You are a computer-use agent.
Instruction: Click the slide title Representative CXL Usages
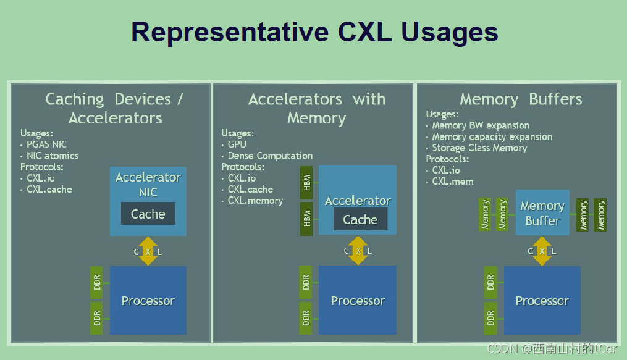314,32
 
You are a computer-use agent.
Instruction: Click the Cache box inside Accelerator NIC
148,214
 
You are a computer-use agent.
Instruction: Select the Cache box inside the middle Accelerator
360,220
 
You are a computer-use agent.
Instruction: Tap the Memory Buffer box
542,213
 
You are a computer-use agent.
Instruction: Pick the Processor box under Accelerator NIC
148,301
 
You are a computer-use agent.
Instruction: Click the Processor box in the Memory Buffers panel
542,301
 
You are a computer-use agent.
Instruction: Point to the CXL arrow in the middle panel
358,251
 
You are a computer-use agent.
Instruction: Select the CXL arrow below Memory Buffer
542,251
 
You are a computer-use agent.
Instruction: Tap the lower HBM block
307,218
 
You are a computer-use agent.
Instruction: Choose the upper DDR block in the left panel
97,283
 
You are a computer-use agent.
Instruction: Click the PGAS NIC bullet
46,144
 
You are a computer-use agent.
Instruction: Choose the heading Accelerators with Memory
316,109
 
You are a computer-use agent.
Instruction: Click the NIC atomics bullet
52,156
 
